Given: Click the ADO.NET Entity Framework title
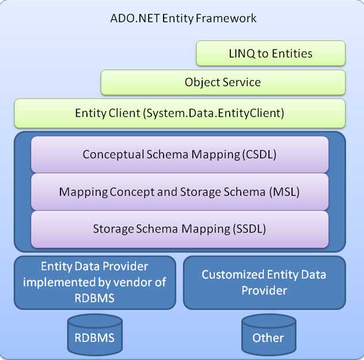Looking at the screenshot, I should click(x=183, y=18).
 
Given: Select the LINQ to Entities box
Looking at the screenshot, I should click(x=271, y=54).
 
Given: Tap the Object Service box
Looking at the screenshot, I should click(x=223, y=82).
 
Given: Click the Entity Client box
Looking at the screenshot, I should click(x=180, y=113).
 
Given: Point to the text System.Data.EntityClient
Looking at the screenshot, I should click(x=213, y=113).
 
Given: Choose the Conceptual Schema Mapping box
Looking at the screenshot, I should click(x=180, y=154).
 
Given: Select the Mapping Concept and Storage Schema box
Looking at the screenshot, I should click(x=180, y=191).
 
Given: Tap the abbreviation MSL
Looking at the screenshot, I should click(x=284, y=191).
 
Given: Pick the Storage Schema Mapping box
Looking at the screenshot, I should click(x=180, y=228).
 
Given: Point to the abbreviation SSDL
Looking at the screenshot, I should click(x=250, y=228).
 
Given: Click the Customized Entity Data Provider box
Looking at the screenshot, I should click(x=264, y=282).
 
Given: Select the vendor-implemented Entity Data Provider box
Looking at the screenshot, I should click(x=95, y=282).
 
